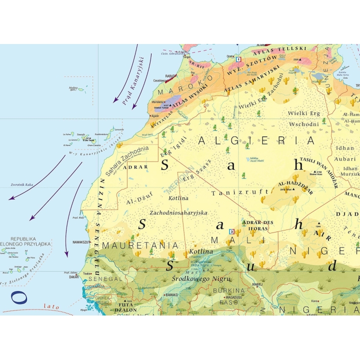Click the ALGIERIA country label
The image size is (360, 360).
[256, 140]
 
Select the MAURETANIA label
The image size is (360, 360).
[140, 245]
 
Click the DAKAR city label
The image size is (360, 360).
[73, 276]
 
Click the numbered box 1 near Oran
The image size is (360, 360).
[238, 59]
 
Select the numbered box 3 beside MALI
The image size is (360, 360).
[231, 231]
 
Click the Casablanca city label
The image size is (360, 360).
[160, 80]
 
